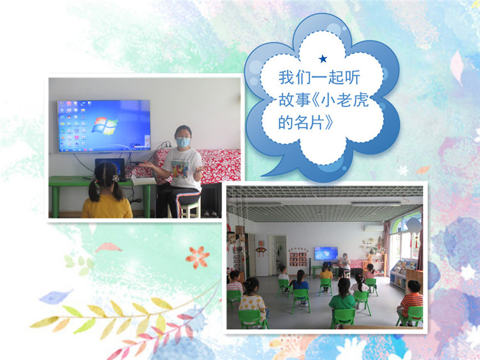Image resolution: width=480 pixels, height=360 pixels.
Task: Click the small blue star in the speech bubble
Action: point(323,58)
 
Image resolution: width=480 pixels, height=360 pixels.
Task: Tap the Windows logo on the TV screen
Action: point(104,126)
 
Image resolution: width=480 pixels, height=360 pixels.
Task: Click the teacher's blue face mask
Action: point(183,142)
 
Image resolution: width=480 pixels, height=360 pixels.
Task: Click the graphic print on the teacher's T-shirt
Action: point(180,169)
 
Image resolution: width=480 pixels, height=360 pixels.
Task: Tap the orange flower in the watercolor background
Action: point(198,258)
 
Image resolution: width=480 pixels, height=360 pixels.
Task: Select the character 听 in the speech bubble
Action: point(351,78)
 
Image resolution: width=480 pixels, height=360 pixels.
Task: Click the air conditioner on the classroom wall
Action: point(374,229)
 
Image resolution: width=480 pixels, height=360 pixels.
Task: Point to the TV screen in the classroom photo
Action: point(326,254)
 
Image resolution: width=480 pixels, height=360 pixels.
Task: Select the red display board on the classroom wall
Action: point(298,257)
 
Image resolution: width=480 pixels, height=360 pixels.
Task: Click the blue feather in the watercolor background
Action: point(56,296)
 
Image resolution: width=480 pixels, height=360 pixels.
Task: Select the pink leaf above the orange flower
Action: point(108,247)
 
